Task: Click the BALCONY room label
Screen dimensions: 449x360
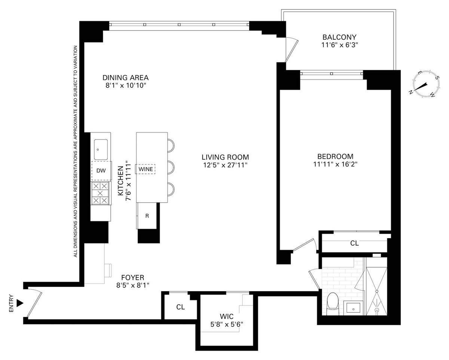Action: [339, 37]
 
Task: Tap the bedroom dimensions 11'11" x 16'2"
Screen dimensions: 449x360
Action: [335, 164]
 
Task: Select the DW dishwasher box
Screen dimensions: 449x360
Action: [101, 171]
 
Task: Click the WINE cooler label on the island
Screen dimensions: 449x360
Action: [146, 169]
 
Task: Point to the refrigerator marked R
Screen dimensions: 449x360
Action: [147, 216]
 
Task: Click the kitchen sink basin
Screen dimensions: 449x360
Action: [101, 150]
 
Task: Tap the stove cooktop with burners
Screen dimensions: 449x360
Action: [100, 193]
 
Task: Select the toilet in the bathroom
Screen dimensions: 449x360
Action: [333, 304]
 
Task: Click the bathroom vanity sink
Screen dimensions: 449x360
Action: [353, 309]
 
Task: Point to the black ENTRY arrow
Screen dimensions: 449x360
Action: [20, 303]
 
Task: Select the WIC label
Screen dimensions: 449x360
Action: [227, 316]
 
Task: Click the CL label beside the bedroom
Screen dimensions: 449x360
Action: [354, 243]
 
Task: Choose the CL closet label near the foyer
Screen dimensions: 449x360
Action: [180, 307]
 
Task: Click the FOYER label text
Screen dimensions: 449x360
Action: [133, 277]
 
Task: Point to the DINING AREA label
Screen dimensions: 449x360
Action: [126, 77]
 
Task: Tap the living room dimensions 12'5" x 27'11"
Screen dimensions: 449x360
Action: [225, 165]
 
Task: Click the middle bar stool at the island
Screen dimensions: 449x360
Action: [171, 167]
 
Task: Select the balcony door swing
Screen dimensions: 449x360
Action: [292, 50]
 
